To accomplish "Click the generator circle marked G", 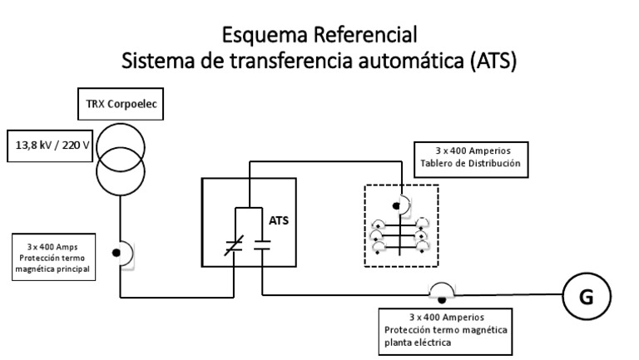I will (x=587, y=297).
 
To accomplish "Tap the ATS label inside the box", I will (x=280, y=222).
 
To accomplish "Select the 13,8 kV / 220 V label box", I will (x=49, y=143).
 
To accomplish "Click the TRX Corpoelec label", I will (x=121, y=107).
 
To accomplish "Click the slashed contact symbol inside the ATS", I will (x=235, y=246).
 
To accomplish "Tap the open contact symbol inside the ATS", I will (x=261, y=246).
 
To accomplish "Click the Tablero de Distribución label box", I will (x=471, y=159).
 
